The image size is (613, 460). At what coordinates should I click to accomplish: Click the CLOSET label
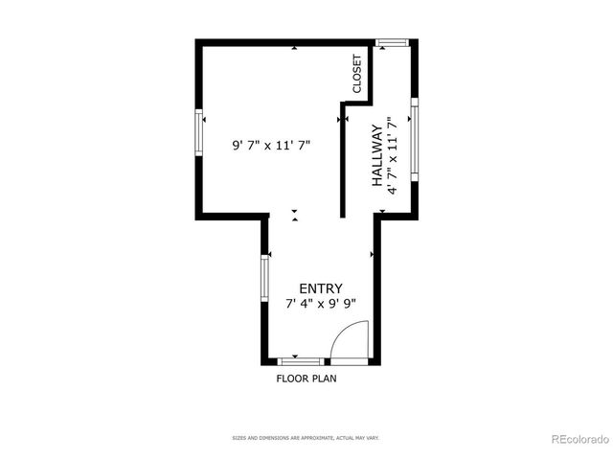(x=357, y=73)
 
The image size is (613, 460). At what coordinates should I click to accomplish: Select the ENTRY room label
(x=320, y=288)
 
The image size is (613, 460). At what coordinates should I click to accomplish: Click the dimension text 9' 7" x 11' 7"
(x=272, y=146)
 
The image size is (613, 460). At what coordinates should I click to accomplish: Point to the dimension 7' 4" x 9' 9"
(x=320, y=304)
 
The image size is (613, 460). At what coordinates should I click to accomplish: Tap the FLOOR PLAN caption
(x=306, y=378)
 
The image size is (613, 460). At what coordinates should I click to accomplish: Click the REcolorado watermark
(x=579, y=440)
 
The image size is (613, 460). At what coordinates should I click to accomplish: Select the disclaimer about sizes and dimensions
(x=306, y=438)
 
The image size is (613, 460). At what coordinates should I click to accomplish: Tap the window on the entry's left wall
(x=265, y=277)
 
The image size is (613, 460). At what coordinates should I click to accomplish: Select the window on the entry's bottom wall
(x=300, y=361)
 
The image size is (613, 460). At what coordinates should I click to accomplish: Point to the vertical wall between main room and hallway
(x=343, y=158)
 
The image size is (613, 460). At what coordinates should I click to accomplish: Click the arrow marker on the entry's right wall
(x=372, y=254)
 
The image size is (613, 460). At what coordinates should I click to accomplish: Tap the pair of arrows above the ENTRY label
(x=295, y=215)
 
